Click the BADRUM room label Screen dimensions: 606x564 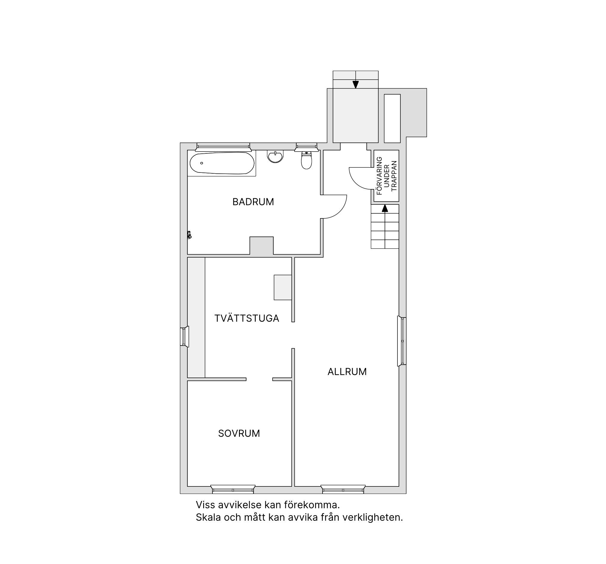tap(253, 202)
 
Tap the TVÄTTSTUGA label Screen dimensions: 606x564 tap(246, 318)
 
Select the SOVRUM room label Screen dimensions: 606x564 tap(239, 433)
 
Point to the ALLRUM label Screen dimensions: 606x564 tap(347, 371)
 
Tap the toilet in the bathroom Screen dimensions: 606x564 tap(306, 160)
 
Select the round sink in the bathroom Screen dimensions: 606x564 tap(275, 156)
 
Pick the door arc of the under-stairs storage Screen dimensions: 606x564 tap(355, 182)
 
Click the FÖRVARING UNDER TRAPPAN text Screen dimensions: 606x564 tap(386, 175)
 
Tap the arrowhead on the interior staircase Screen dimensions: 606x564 tap(385, 208)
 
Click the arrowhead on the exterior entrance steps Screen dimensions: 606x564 tap(355, 84)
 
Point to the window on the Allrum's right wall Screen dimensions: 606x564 tap(402, 341)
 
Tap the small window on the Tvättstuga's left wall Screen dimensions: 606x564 tap(184, 337)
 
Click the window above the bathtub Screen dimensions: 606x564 tap(223, 147)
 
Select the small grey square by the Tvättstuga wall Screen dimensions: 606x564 tap(283, 287)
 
